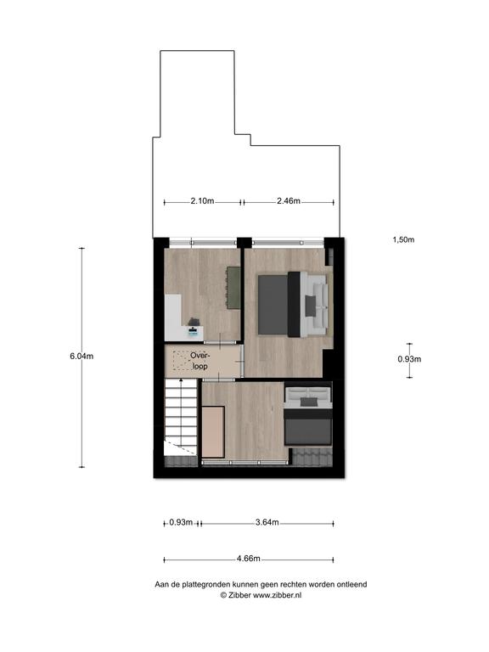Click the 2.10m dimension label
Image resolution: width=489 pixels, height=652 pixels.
202,201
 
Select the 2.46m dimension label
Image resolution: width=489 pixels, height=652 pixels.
289,201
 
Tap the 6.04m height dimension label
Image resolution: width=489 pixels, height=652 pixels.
81,356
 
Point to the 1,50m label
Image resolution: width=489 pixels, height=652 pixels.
403,239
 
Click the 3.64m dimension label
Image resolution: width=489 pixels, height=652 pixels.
267,522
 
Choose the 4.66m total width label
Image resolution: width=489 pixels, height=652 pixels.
248,559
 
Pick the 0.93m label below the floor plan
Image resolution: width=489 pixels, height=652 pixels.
181,522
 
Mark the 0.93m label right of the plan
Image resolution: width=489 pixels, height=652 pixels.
409,359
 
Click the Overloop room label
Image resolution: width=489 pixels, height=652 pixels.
200,361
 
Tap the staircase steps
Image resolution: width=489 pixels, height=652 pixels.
181,417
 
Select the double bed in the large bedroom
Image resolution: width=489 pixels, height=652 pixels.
293,305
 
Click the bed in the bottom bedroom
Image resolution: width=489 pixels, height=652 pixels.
307,416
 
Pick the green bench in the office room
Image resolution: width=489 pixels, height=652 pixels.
233,288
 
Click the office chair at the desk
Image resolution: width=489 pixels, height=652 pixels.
194,322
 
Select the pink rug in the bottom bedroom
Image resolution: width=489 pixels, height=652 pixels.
213,432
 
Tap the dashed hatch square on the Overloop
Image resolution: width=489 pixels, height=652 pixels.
182,361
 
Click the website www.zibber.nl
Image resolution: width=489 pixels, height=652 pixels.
278,595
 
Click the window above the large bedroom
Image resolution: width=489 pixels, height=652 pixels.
288,243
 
